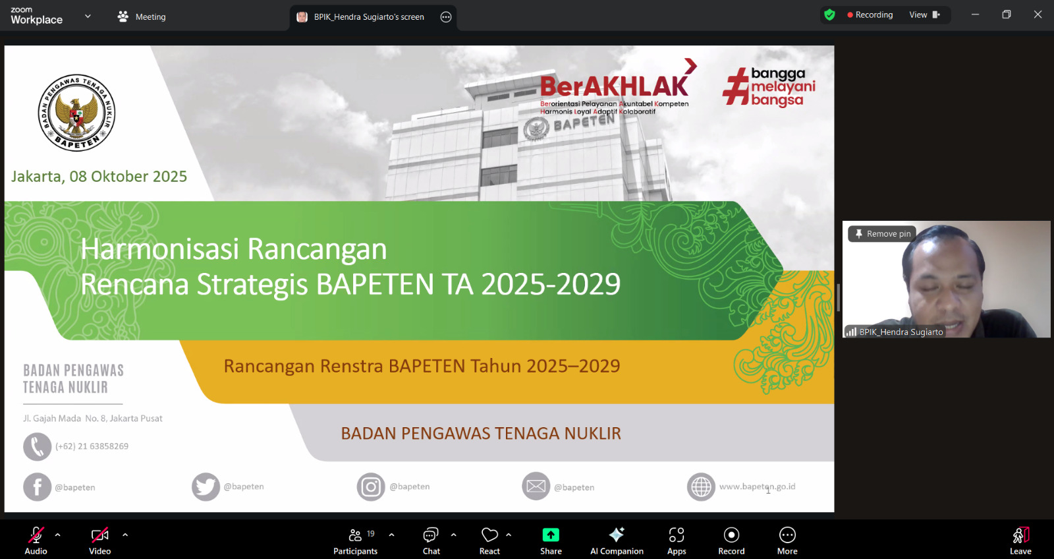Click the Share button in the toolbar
(x=551, y=541)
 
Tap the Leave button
(x=1020, y=541)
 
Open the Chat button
(x=431, y=541)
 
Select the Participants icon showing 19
(x=355, y=535)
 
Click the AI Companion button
(x=617, y=541)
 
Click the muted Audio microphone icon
(x=36, y=535)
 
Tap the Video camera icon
(x=99, y=535)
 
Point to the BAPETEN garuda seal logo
(x=76, y=113)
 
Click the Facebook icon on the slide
(x=37, y=487)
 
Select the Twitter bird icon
(x=206, y=486)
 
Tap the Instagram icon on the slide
(x=371, y=486)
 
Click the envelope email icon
(x=536, y=486)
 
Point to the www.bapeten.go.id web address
(x=757, y=486)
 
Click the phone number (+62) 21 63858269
(x=92, y=446)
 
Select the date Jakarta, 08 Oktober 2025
(x=99, y=176)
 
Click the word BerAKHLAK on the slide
(x=614, y=86)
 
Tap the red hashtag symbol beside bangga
(x=735, y=86)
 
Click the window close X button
(x=1038, y=15)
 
